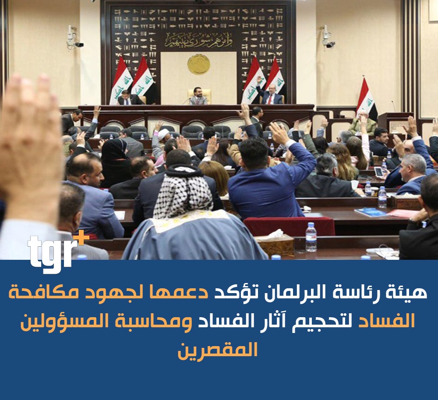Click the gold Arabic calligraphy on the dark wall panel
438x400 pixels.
coord(198,40)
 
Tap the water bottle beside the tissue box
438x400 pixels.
coord(311,237)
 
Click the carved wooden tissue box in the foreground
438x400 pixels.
coord(275,245)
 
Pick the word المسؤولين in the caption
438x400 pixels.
coord(62,321)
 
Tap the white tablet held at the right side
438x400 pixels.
coord(379,171)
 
